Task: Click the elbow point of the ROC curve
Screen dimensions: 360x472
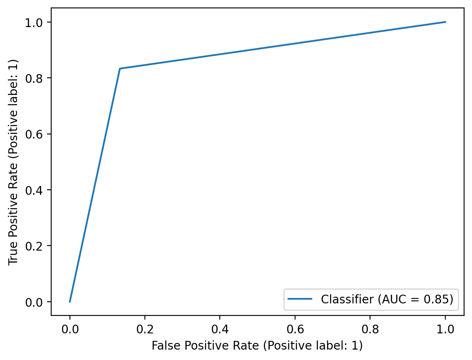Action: [x=120, y=69]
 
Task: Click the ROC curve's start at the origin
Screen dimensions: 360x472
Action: [x=70, y=302]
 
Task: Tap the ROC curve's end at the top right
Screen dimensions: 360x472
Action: [x=445, y=22]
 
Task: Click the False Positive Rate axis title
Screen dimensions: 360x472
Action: [x=257, y=345]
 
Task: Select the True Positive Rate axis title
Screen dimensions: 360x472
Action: [x=13, y=161]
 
